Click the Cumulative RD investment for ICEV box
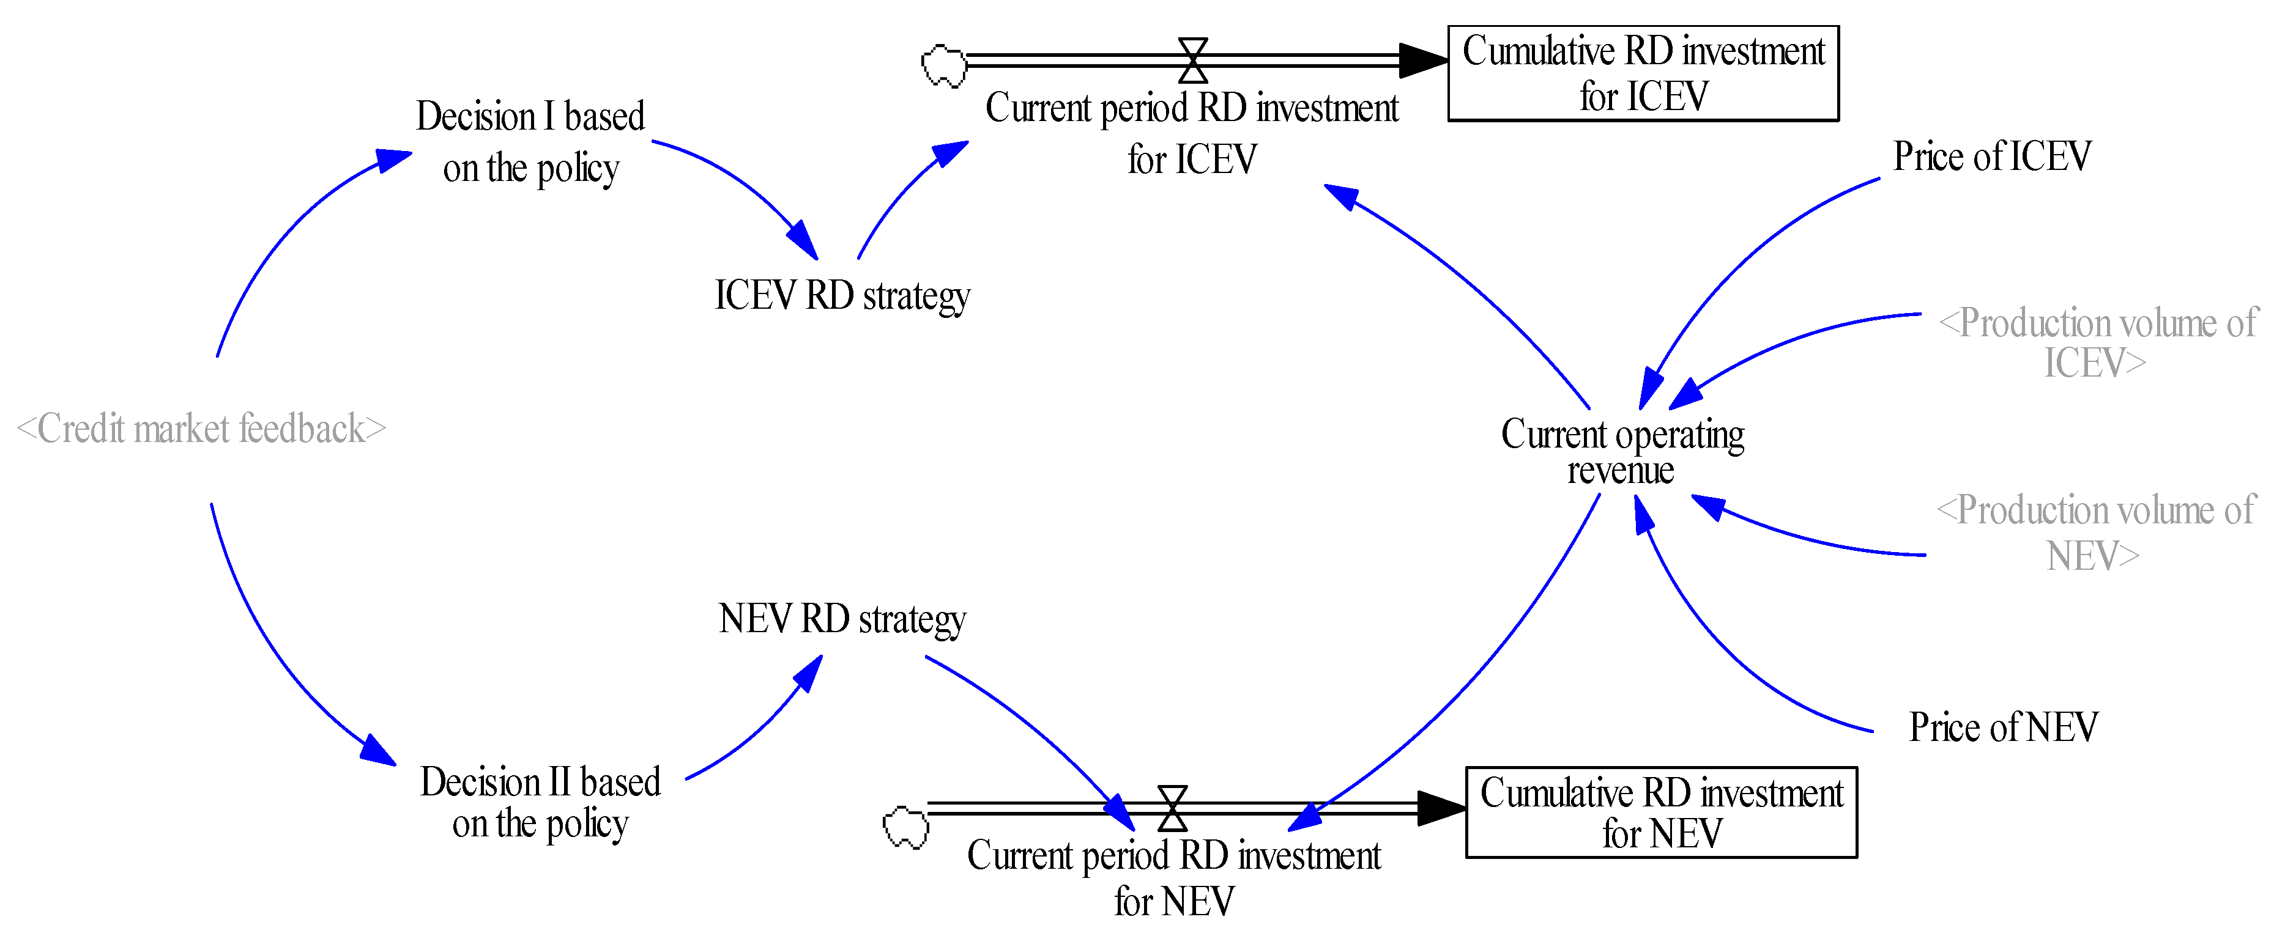pyautogui.click(x=1643, y=73)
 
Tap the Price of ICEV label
pyautogui.click(x=1991, y=157)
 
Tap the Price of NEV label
pyautogui.click(x=2003, y=728)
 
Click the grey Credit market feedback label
pyautogui.click(x=201, y=429)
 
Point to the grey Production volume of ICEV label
pyautogui.click(x=2097, y=342)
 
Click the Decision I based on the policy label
pyautogui.click(x=530, y=141)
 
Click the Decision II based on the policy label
pyautogui.click(x=540, y=802)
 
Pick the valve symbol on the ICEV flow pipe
pyautogui.click(x=1192, y=60)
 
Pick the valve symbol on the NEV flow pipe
pyautogui.click(x=1172, y=808)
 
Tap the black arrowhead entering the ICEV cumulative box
pyautogui.click(x=1423, y=60)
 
